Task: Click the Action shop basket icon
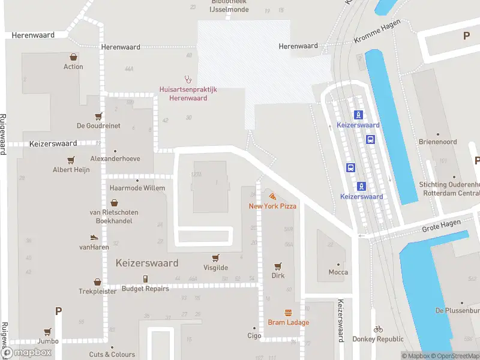[73, 57]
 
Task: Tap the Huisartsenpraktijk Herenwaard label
[188, 94]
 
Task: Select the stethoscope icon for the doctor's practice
[188, 78]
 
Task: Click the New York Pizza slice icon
[272, 196]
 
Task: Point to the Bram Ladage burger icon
[288, 313]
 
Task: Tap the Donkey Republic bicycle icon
[377, 329]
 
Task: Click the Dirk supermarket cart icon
[278, 266]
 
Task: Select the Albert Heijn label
[71, 170]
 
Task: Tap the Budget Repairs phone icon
[145, 278]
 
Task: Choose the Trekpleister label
[97, 291]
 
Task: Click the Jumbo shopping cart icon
[47, 331]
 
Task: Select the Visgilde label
[215, 268]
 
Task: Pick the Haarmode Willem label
[137, 188]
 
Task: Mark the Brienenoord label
[437, 142]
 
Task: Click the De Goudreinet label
[98, 126]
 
